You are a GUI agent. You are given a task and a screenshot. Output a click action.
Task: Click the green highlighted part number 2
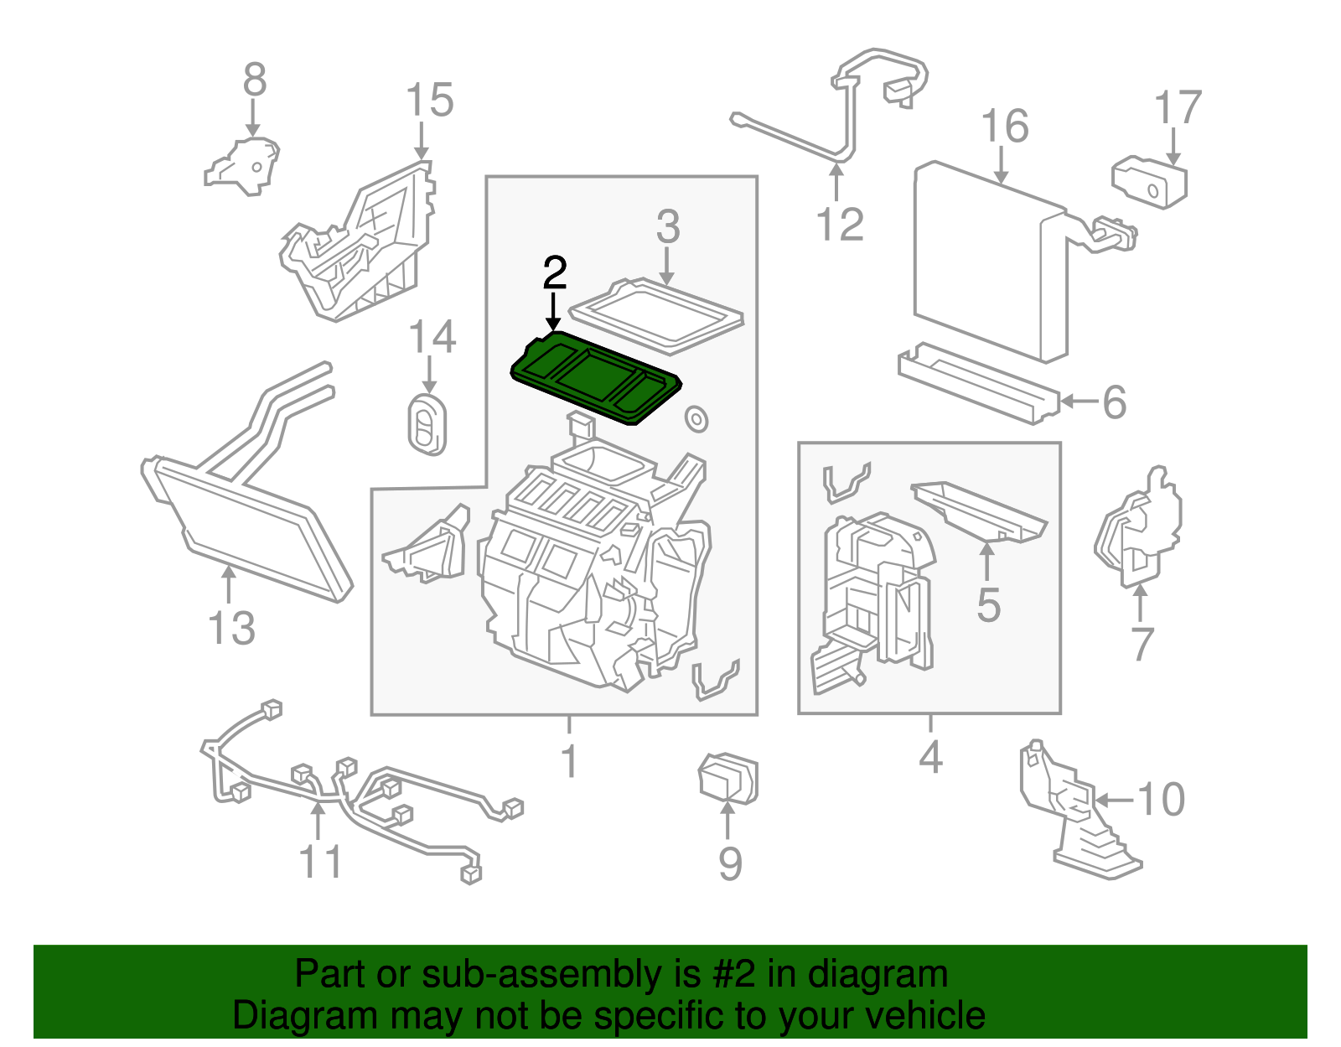[595, 377]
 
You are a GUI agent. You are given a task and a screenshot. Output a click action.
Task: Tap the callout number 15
[429, 101]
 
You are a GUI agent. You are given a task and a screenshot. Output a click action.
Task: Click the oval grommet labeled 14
[427, 425]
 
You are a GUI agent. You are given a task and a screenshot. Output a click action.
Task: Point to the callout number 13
[231, 629]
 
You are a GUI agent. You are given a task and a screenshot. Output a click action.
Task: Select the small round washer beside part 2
[696, 418]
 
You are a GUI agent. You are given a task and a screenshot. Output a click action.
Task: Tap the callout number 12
[839, 225]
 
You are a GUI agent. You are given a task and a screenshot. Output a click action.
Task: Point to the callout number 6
[1114, 402]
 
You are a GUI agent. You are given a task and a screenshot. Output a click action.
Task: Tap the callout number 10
[1162, 799]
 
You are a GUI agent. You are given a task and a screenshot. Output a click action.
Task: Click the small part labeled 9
[727, 780]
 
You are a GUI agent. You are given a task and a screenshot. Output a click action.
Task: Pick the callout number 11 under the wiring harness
[320, 862]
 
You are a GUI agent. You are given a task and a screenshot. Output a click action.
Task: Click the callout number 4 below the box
[930, 757]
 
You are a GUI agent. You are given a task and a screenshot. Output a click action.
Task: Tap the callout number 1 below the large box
[569, 761]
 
